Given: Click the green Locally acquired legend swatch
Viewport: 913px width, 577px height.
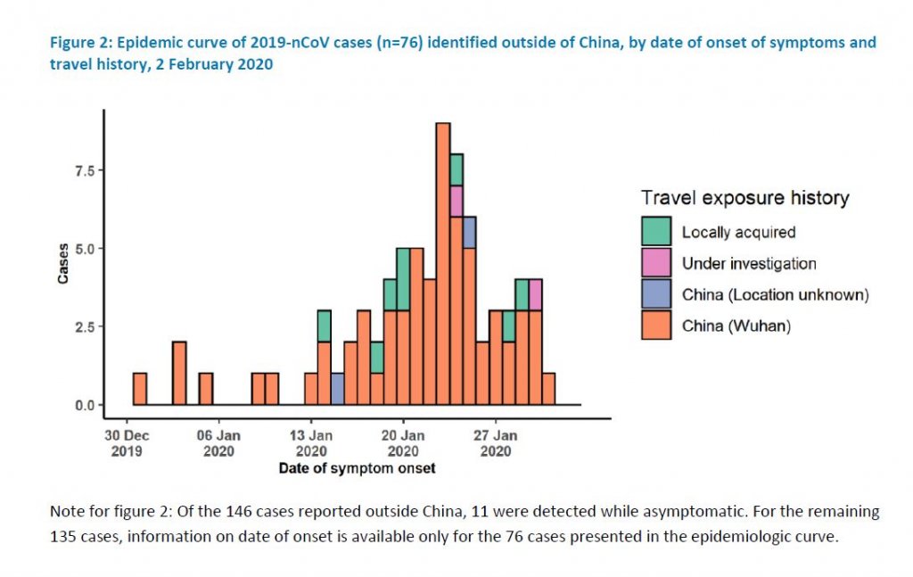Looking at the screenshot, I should tap(656, 232).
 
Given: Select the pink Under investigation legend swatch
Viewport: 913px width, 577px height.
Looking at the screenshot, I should tap(656, 263).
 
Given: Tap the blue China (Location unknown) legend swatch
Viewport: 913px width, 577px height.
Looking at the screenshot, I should tap(656, 294).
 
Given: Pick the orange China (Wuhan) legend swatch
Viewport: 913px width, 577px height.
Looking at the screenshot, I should tap(656, 326).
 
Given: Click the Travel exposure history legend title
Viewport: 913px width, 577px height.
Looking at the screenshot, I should tap(744, 198).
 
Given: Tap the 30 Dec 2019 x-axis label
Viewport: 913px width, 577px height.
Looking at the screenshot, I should tap(127, 443).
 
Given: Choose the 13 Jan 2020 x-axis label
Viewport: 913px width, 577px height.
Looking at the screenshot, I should tap(311, 443).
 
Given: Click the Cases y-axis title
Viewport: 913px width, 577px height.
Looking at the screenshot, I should tap(63, 265).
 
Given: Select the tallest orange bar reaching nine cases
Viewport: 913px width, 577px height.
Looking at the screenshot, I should tap(443, 268).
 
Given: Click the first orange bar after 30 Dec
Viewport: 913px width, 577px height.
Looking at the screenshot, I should tap(140, 389).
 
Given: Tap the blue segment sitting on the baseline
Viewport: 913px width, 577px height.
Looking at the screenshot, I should tap(337, 389).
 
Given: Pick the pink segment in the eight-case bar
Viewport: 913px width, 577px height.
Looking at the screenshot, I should tap(456, 201).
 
